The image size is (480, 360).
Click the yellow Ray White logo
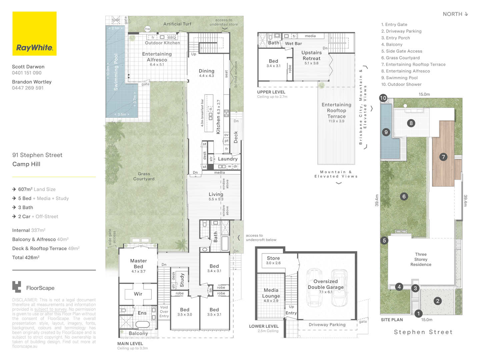click(34, 34)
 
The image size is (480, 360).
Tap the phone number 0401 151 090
click(27, 73)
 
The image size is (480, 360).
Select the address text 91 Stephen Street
click(37, 155)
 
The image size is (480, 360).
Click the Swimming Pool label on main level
click(116, 72)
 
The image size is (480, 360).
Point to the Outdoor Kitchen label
click(162, 43)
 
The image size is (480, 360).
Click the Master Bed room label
click(138, 264)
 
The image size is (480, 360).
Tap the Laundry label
click(228, 159)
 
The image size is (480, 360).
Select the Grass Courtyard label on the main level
click(144, 176)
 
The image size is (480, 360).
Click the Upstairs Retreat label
click(311, 55)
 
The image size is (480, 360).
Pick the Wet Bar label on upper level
click(293, 44)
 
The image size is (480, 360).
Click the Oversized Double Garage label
click(326, 284)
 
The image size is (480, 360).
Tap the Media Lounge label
click(271, 293)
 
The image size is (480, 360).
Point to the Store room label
click(273, 258)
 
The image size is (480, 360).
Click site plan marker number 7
click(443, 157)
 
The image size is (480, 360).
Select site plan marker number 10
click(383, 98)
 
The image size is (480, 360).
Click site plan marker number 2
click(438, 301)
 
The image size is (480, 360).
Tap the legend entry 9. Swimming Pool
click(399, 78)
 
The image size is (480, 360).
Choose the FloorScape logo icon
click(17, 287)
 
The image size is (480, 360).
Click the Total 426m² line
click(26, 257)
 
